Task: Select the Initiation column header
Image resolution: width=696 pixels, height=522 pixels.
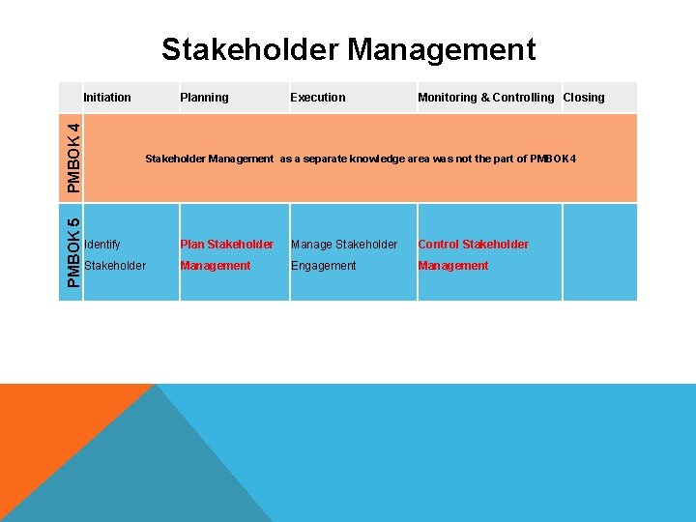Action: (x=107, y=97)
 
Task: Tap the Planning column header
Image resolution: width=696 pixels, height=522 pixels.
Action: (x=204, y=97)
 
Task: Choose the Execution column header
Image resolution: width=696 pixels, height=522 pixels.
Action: (x=317, y=97)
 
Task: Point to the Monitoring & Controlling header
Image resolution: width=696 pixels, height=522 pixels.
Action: (x=485, y=97)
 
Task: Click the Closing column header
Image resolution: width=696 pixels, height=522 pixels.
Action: (x=584, y=97)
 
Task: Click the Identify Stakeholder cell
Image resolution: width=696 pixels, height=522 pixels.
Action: (x=115, y=255)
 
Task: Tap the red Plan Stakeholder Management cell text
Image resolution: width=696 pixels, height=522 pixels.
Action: (x=226, y=255)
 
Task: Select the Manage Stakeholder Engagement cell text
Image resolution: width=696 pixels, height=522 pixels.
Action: (x=344, y=255)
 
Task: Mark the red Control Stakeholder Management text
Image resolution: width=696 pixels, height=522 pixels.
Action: (x=473, y=255)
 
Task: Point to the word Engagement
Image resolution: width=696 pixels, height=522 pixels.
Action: (x=323, y=266)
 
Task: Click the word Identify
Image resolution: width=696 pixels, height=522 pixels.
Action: (x=102, y=245)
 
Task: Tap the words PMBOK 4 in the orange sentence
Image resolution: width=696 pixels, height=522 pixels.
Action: (x=553, y=159)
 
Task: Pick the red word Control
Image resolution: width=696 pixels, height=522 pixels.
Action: (x=438, y=245)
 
